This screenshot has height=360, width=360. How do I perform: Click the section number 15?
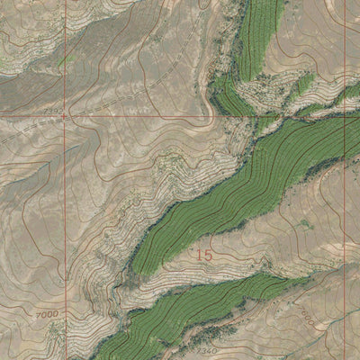pyautogui.click(x=203, y=256)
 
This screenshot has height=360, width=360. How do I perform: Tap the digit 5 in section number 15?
pyautogui.click(x=208, y=256)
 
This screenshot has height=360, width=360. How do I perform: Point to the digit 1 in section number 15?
pyautogui.click(x=199, y=256)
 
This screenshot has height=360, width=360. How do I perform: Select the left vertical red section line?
pyautogui.click(x=65, y=225)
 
